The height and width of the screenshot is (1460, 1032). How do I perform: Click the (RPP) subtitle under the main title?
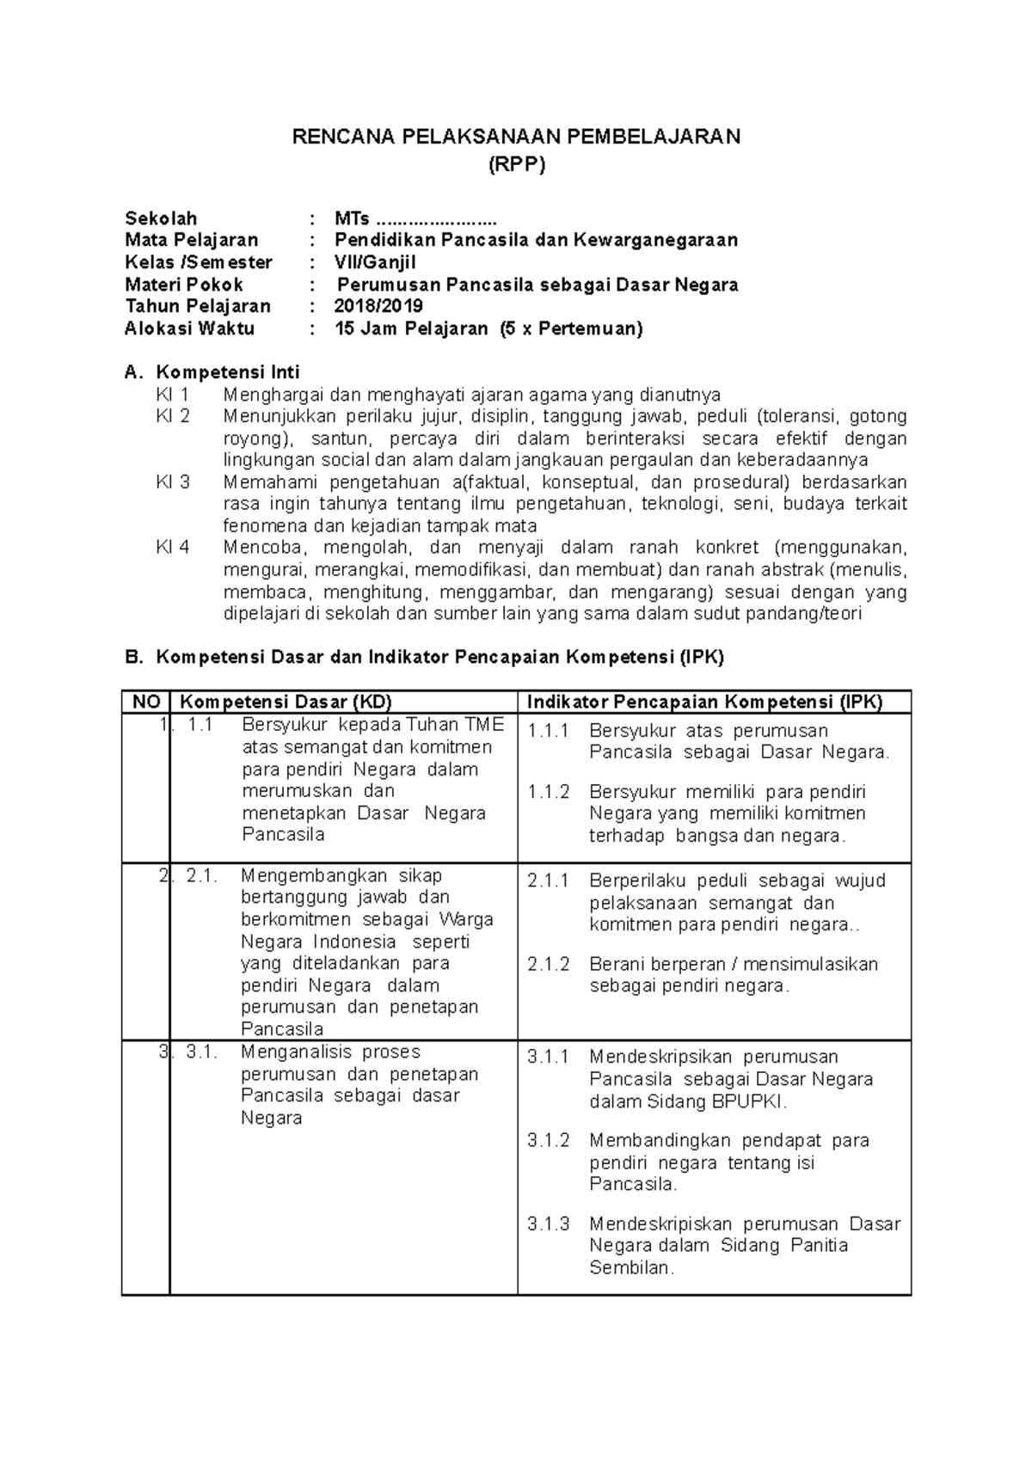coord(516,166)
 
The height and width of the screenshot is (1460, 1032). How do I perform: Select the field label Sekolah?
coord(161,218)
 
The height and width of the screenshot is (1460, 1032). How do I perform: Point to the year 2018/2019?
coord(378,306)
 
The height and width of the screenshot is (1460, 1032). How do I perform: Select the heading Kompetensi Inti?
coord(227,372)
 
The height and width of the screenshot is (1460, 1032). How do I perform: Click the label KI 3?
coord(172,482)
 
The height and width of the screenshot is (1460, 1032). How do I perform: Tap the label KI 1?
coord(172,395)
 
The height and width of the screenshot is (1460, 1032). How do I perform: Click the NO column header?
coord(145,702)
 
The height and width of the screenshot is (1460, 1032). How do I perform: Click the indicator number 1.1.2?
coord(549,792)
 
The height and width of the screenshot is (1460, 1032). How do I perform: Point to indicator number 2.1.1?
coord(549,881)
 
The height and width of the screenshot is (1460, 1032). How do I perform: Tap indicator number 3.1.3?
coord(549,1224)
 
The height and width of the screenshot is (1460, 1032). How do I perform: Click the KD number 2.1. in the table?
coord(201,876)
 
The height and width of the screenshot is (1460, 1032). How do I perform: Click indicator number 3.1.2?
coord(549,1141)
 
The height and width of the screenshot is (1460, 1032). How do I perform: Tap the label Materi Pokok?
coord(184,285)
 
